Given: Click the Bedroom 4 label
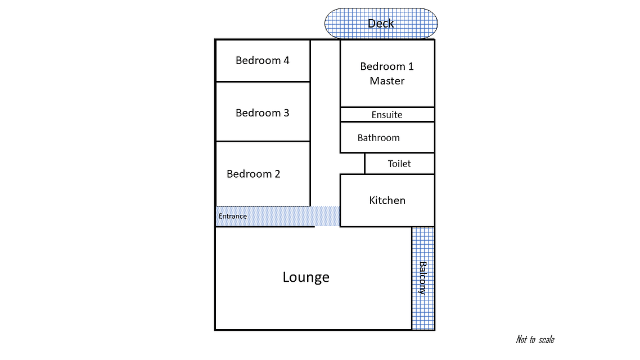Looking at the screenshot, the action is pos(263,60).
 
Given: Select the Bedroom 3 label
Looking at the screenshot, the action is pos(263,112).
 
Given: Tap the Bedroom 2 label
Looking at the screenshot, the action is pos(254,174).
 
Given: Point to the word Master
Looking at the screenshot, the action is pos(387,81).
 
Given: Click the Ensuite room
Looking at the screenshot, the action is pos(387,115).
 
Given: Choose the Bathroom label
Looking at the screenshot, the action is pos(379,138).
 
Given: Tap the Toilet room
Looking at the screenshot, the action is pos(400,164).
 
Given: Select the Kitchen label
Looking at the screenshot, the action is pos(387,200).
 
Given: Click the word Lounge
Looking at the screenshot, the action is pos(306,277).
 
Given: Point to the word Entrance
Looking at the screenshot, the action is pos(233,217).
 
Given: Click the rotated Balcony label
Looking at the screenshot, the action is pos(423,278).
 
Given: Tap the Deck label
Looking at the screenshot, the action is pos(381,23).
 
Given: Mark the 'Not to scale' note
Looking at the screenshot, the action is pos(535,340).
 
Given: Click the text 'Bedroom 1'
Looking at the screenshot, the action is pos(387,66).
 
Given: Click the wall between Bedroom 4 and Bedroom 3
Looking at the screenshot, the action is pos(263,82).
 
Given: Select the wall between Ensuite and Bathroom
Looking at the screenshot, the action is pos(387,121).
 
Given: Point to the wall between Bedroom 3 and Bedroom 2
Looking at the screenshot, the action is pos(263,141).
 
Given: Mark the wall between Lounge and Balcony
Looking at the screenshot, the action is pos(412,278).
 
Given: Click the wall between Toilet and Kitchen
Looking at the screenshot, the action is pos(400,174).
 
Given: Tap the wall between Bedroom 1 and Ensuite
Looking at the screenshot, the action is pos(387,107).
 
